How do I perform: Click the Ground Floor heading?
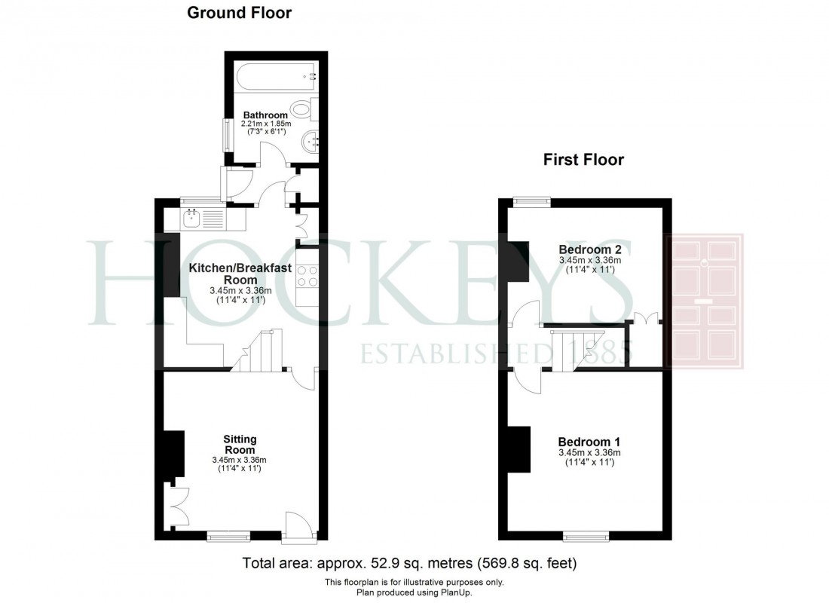click(x=239, y=12)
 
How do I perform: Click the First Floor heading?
click(x=584, y=159)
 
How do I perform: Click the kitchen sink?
click(x=192, y=219)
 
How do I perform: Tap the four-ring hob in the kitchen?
click(x=307, y=276)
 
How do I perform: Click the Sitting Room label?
click(x=240, y=445)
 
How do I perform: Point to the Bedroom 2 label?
click(x=589, y=250)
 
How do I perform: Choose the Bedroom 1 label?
click(x=589, y=442)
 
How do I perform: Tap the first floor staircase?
click(x=572, y=349)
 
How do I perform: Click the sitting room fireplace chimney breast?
click(x=175, y=454)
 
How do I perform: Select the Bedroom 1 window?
click(x=586, y=536)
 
